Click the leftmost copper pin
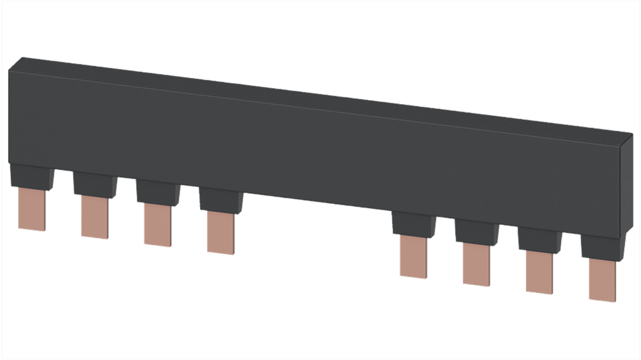(32, 209)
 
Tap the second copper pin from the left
(94, 217)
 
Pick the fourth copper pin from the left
(220, 233)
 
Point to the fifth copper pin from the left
(413, 257)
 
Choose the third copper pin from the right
(476, 264)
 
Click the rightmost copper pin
(602, 280)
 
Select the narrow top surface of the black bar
(316, 99)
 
